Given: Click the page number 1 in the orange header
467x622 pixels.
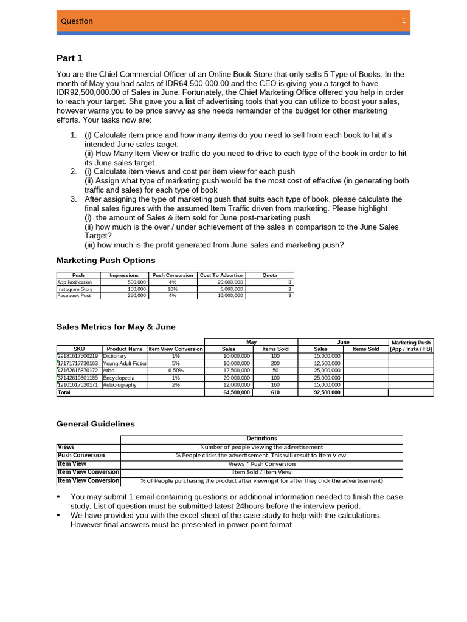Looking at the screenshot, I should click(x=404, y=21).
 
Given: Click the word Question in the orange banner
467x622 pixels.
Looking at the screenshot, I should click(x=77, y=21).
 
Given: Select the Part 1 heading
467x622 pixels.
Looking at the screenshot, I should click(x=69, y=58).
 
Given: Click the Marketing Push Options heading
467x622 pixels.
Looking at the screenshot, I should click(x=106, y=260).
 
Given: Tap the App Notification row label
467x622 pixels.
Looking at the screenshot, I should click(x=75, y=282).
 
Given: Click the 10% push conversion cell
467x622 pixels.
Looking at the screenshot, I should click(x=173, y=289).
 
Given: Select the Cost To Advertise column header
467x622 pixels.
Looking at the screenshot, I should click(x=221, y=275).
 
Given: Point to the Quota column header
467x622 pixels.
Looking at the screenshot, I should click(x=269, y=275).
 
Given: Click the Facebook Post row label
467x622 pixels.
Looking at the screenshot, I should click(x=74, y=296).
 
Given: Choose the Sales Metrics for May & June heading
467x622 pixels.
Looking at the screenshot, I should click(x=116, y=327).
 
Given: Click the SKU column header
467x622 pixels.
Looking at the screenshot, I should click(x=78, y=349).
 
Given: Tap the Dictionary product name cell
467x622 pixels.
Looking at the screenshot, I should click(x=115, y=356).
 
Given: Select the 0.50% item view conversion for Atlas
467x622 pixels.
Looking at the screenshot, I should click(x=176, y=371).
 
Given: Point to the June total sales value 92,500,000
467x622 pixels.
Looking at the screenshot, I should click(x=328, y=393).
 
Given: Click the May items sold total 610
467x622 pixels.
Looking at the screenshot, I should click(x=275, y=393).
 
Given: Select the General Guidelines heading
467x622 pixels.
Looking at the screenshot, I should click(x=95, y=424).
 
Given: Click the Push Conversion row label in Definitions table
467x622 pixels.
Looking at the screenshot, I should click(x=81, y=455).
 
